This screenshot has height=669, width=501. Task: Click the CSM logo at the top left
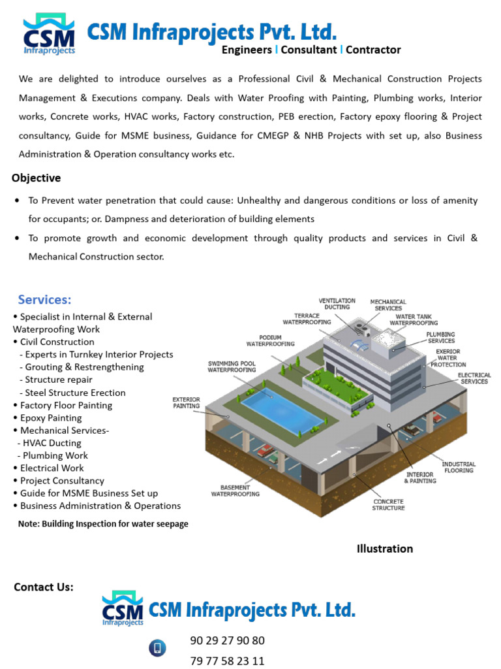pyautogui.click(x=49, y=35)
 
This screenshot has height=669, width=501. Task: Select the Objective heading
pyautogui.click(x=36, y=178)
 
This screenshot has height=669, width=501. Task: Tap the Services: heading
pyautogui.click(x=44, y=299)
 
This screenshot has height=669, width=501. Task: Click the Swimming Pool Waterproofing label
pyautogui.click(x=232, y=367)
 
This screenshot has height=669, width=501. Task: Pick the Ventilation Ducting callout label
pyautogui.click(x=337, y=304)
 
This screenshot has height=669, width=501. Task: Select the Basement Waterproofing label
pyautogui.click(x=235, y=490)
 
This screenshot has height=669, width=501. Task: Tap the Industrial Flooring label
pyautogui.click(x=459, y=467)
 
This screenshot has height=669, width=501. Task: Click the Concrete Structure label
pyautogui.click(x=388, y=504)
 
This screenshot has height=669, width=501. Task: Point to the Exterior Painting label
pyautogui.click(x=186, y=402)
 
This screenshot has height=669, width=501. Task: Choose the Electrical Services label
pyautogui.click(x=474, y=378)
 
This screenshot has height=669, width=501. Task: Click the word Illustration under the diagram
pyautogui.click(x=384, y=549)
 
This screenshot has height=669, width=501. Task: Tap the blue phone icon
pyautogui.click(x=157, y=647)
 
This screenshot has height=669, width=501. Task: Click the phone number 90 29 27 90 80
pyautogui.click(x=227, y=640)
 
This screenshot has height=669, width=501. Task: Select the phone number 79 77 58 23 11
pyautogui.click(x=227, y=661)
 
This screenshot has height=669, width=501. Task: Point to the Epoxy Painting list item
pyautogui.click(x=51, y=417)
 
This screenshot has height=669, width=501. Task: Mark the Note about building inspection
pyautogui.click(x=103, y=524)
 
